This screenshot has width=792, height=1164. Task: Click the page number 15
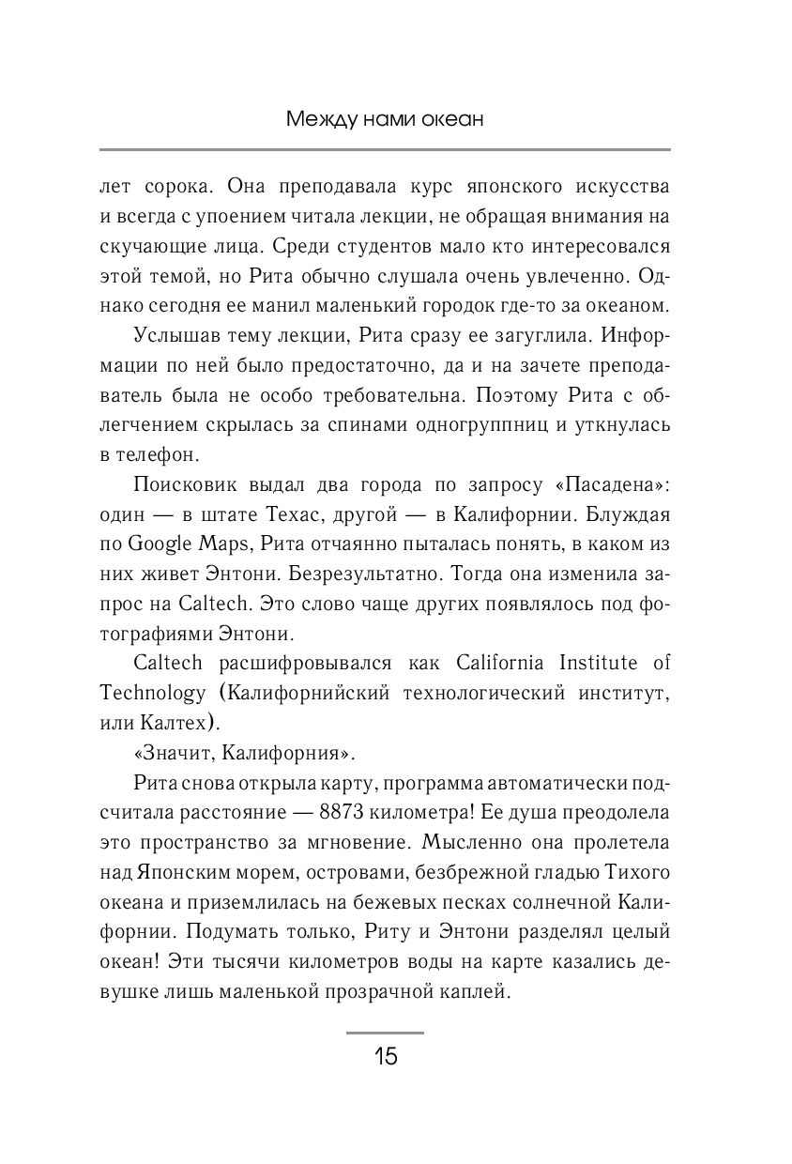386,1056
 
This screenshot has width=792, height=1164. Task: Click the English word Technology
152,693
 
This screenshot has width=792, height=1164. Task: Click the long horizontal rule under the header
385,148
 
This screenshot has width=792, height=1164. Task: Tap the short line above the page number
385,1033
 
